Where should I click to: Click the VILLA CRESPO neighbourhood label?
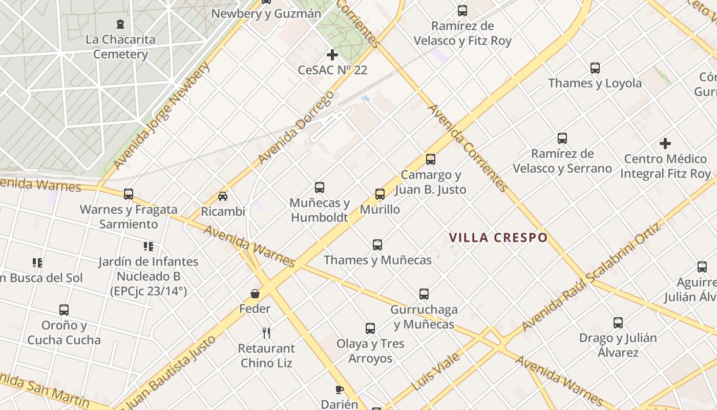pyautogui.click(x=498, y=238)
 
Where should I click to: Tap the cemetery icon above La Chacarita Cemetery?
pyautogui.click(x=120, y=24)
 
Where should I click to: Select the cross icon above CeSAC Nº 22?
pyautogui.click(x=332, y=54)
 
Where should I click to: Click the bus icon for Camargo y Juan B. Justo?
pyautogui.click(x=431, y=159)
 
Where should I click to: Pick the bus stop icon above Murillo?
pyautogui.click(x=380, y=194)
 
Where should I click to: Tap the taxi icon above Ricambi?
pyautogui.click(x=223, y=196)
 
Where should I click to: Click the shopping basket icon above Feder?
pyautogui.click(x=255, y=294)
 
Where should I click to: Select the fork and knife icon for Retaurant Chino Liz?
pyautogui.click(x=266, y=333)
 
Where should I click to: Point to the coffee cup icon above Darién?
pyautogui.click(x=339, y=389)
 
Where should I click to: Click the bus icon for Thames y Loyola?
pyautogui.click(x=595, y=68)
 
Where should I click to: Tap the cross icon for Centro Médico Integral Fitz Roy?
pyautogui.click(x=665, y=143)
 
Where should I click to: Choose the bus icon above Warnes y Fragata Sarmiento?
pyautogui.click(x=129, y=194)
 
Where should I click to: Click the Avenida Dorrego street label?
pyautogui.click(x=296, y=128)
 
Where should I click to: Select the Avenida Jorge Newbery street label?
pyautogui.click(x=162, y=116)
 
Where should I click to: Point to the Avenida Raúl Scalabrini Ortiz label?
pyautogui.click(x=592, y=277)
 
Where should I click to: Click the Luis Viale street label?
pyautogui.click(x=435, y=372)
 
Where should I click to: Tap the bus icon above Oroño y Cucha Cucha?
pyautogui.click(x=64, y=310)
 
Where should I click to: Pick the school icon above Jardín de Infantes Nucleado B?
pyautogui.click(x=149, y=247)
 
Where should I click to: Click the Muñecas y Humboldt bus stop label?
pyautogui.click(x=320, y=210)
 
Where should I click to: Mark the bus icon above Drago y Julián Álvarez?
pyautogui.click(x=618, y=323)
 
